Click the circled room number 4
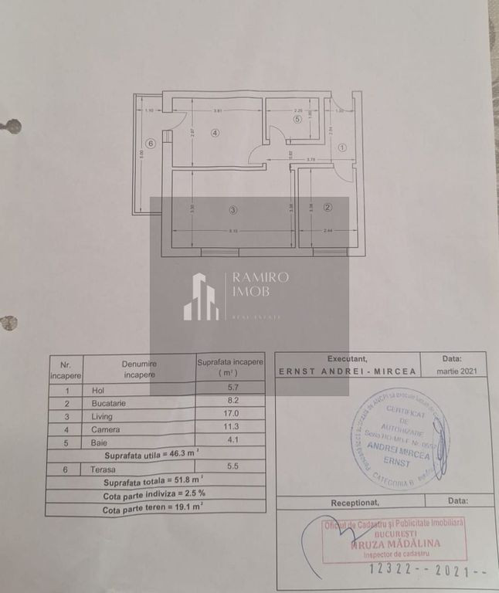[x=216, y=133]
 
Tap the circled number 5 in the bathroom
[x=297, y=119]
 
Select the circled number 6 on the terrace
[x=150, y=144]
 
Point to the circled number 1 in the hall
[x=342, y=147]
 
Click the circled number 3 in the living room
[x=233, y=209]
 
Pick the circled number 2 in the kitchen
[x=328, y=207]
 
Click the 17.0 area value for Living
[x=230, y=414]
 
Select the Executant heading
[x=348, y=359]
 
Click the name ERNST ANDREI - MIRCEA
[x=347, y=371]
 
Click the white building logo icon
[x=201, y=296]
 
